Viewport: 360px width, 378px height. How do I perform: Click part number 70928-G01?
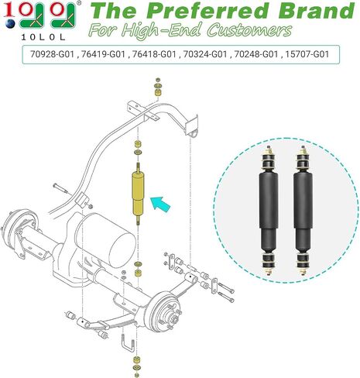pos(52,54)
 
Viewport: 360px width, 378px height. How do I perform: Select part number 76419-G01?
pos(103,54)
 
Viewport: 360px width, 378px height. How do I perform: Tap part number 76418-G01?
pos(154,54)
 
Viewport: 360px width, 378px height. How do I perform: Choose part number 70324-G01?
pos(205,54)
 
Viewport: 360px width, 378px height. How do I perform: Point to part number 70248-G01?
pos(256,54)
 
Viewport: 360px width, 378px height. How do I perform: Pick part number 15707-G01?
pos(307,54)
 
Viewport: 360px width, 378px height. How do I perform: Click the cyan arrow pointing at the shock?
pos(160,204)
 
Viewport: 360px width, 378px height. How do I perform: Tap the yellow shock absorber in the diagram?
pos(139,194)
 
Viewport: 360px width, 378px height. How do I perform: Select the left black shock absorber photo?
pos(269,211)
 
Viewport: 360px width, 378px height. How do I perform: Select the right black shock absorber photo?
pos(303,211)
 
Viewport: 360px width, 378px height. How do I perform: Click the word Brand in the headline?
pos(316,11)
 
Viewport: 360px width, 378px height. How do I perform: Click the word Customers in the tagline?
pos(249,30)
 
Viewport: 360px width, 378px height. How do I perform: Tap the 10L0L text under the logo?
pos(43,37)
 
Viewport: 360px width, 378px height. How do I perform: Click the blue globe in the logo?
pos(10,24)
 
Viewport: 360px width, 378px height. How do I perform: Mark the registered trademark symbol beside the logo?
pos(79,3)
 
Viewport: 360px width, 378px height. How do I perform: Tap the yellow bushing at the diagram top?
pos(158,92)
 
